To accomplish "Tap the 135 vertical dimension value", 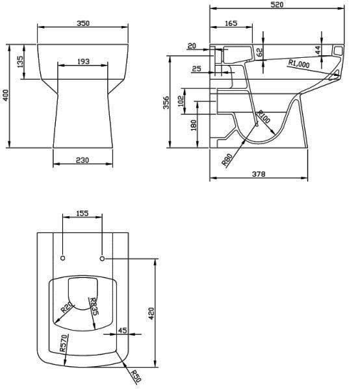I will click(21, 62).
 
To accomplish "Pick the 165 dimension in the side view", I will click(231, 23).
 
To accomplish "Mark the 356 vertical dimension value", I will click(166, 103).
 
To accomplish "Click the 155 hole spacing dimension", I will click(83, 212).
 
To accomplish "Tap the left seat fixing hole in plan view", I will click(62, 258).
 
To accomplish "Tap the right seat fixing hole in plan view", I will click(103, 258).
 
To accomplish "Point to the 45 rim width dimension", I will click(123, 331).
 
